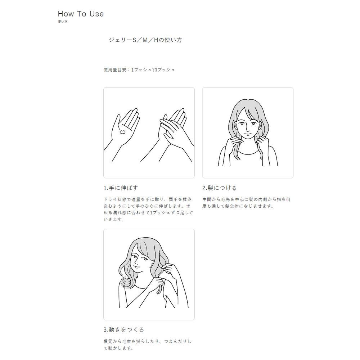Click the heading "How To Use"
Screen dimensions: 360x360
pyautogui.click(x=81, y=14)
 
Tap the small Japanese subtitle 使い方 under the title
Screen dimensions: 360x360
pyautogui.click(x=62, y=22)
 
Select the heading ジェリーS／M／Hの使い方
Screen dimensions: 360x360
pyautogui.click(x=145, y=40)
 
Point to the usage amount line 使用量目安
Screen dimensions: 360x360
pyautogui.click(x=139, y=70)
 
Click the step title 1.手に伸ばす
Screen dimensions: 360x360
pyautogui.click(x=121, y=188)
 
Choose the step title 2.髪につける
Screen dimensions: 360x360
pyautogui.click(x=220, y=188)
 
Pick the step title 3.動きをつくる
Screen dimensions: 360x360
pyautogui.click(x=124, y=330)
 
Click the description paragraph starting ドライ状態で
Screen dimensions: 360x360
pyautogui.click(x=148, y=210)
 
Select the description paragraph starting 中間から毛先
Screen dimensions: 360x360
pyautogui.click(x=246, y=203)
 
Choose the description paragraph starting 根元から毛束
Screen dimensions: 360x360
pyautogui.click(x=147, y=345)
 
